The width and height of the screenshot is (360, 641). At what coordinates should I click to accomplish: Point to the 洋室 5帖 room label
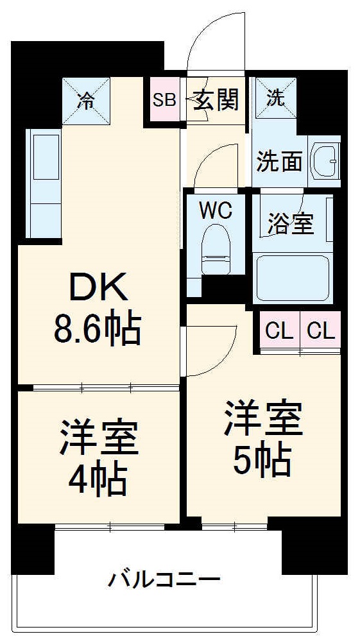pyautogui.click(x=262, y=438)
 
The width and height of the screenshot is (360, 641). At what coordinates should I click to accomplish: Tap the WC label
pyautogui.click(x=215, y=210)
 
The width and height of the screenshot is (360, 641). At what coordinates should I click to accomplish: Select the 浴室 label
pyautogui.click(x=290, y=224)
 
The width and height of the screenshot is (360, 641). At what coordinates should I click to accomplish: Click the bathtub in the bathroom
pyautogui.click(x=293, y=278)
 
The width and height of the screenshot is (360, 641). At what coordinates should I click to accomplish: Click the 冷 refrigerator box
pyautogui.click(x=85, y=99)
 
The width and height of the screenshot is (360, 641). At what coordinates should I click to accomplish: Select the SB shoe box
pyautogui.click(x=164, y=100)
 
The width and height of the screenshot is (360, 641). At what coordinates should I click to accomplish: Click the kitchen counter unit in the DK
pyautogui.click(x=44, y=184)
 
